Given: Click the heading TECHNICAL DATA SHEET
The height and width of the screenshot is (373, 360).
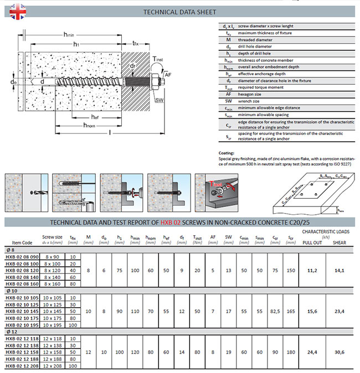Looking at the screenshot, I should tap(179, 11).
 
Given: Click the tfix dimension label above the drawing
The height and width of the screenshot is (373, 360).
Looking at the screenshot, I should tap(136, 44).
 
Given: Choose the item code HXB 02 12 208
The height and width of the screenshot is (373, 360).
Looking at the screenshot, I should tap(22, 366).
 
